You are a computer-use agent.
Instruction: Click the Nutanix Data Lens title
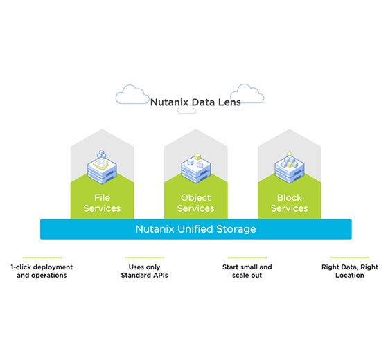tap(195, 102)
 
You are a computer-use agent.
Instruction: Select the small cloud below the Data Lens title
tap(187, 110)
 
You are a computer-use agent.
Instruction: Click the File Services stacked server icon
tap(102, 167)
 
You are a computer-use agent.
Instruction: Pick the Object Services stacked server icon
tap(195, 168)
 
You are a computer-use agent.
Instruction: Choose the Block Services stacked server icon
tap(290, 167)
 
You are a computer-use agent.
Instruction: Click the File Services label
tap(102, 203)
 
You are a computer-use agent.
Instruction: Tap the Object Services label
tap(195, 203)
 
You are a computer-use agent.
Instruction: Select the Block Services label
tap(290, 203)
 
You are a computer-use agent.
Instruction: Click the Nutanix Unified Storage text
tap(195, 229)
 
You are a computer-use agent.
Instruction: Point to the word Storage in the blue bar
tap(236, 229)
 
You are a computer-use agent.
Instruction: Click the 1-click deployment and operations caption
tap(42, 271)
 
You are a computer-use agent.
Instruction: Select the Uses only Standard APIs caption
tap(145, 271)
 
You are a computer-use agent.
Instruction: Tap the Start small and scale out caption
tap(247, 271)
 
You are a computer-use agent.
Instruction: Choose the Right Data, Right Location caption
tap(350, 271)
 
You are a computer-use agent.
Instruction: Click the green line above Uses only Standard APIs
tap(145, 258)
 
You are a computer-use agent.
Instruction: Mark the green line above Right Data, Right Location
tap(350, 258)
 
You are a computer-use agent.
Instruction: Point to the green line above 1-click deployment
tap(42, 258)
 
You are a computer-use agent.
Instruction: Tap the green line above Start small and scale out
tap(247, 258)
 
